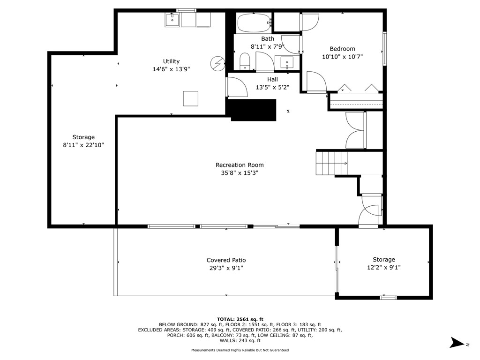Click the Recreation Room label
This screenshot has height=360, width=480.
[239, 165]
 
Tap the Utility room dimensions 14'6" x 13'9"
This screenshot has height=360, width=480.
[171, 69]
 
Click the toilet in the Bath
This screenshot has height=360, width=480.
[244, 61]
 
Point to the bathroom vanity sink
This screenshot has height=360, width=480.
[287, 62]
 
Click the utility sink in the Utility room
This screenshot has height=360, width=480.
[172, 20]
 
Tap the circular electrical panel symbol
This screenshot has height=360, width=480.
[217, 64]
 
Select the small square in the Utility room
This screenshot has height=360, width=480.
[190, 98]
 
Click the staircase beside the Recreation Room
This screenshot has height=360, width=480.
[331, 163]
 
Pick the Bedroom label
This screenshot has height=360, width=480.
[342, 49]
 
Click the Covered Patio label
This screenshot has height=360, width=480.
[226, 260]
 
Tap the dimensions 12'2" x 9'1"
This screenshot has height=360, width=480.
[383, 268]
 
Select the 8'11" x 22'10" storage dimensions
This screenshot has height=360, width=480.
[83, 145]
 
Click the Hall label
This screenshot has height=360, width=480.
[272, 79]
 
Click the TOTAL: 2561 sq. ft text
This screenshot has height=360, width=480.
[240, 319]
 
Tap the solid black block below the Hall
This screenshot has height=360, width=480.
[253, 110]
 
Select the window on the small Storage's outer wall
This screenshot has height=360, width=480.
[388, 297]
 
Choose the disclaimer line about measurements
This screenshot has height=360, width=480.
[240, 350]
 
